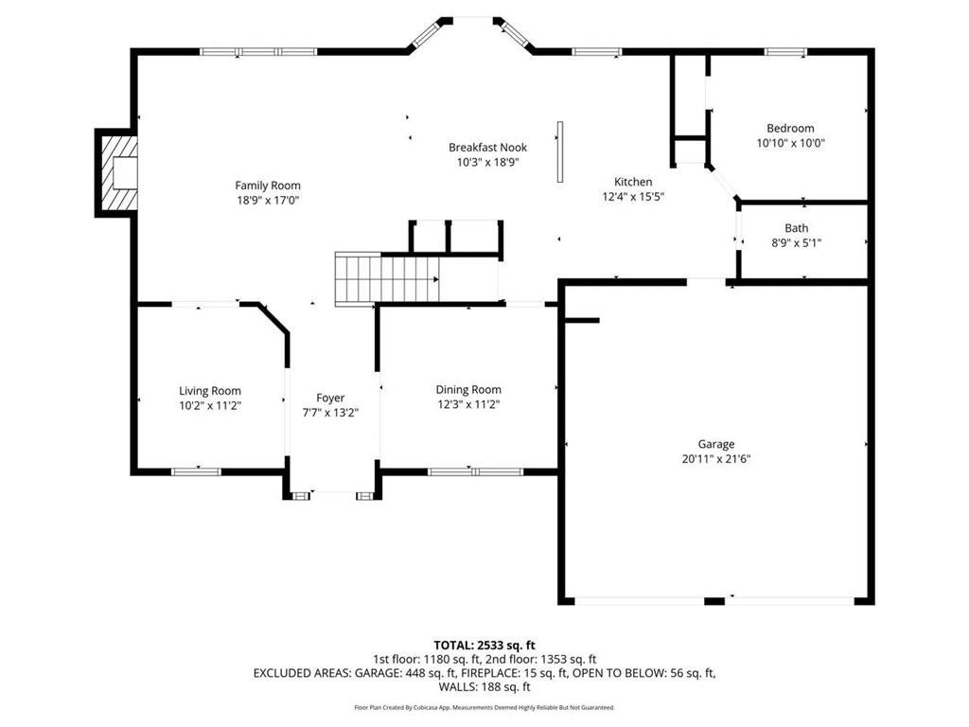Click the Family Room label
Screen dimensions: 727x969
click(268, 186)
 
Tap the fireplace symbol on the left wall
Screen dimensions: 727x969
click(118, 173)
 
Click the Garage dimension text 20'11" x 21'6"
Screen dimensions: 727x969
click(716, 458)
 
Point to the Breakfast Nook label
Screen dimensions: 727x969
click(487, 148)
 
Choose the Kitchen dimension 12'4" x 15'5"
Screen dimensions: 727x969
click(633, 197)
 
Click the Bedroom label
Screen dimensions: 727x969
click(790, 129)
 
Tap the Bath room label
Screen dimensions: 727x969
click(796, 228)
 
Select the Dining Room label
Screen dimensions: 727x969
click(468, 390)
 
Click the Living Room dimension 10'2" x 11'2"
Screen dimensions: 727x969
click(210, 405)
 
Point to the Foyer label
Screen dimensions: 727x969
click(330, 399)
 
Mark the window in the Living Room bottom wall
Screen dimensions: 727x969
click(196, 470)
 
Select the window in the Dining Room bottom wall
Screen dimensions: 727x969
click(475, 470)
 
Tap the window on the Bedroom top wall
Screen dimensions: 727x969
click(785, 52)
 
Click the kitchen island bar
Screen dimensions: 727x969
click(560, 151)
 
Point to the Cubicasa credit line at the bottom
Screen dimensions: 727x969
click(484, 707)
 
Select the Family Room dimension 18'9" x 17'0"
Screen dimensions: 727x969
click(268, 201)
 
